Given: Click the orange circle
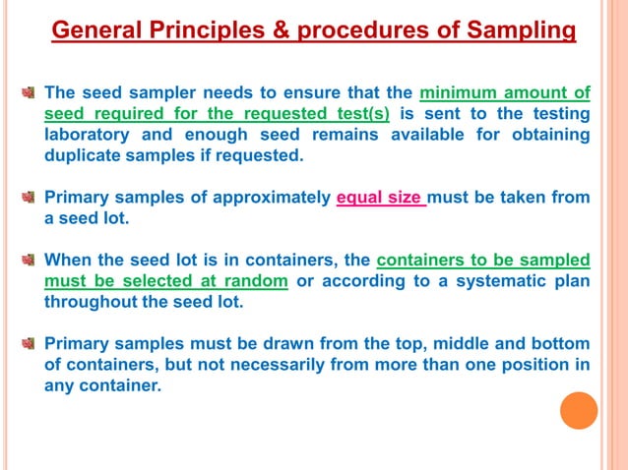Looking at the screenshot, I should click(x=579, y=410).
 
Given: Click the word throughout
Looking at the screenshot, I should click(x=92, y=302).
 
